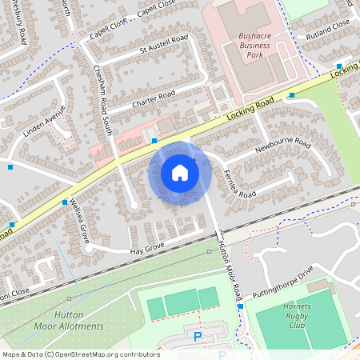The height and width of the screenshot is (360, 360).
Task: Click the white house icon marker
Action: (x=180, y=172)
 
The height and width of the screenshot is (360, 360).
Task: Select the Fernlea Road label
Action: (x=239, y=183)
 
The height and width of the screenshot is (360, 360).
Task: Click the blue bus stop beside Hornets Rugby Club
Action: (x=240, y=306)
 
